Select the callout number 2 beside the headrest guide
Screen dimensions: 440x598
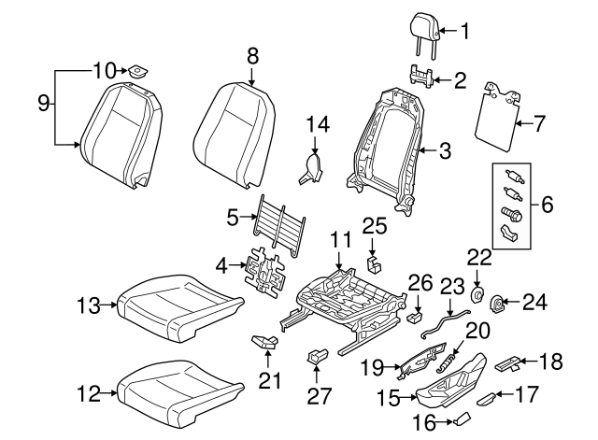coord(459,80)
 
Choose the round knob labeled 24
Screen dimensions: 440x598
coord(498,302)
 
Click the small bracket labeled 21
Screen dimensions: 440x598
coord(264,343)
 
